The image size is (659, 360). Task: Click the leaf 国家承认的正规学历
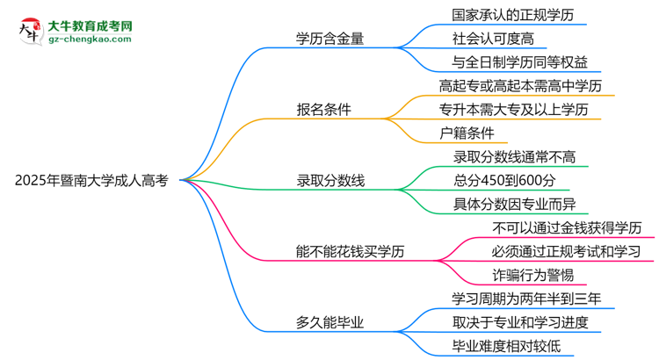pos(507,15)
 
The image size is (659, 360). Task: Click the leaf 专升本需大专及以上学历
pos(521,110)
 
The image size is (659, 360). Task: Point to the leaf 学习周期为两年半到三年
pos(527,299)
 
